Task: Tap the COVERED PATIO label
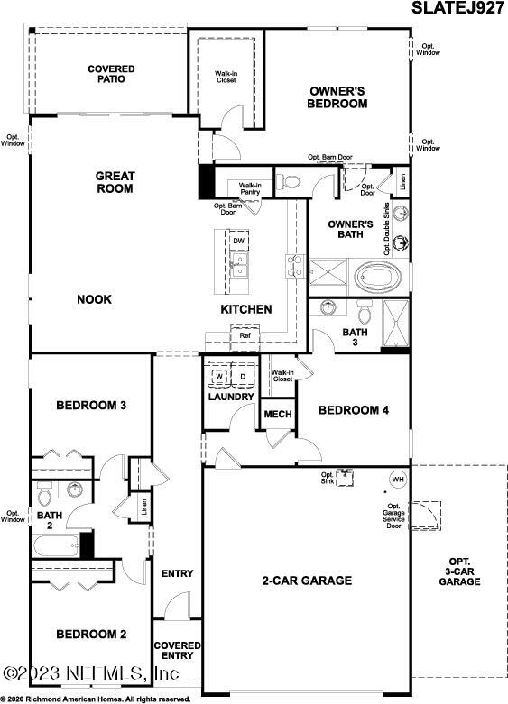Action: point(111,74)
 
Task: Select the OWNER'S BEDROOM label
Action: point(338,96)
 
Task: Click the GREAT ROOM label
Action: point(115,182)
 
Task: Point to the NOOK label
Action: point(94,299)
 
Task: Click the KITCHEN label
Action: point(246,309)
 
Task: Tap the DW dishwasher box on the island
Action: point(238,242)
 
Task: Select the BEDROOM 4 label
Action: point(353,410)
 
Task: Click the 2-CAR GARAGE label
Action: point(308,581)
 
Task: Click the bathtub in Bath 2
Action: point(56,546)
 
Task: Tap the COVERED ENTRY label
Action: point(176,652)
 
